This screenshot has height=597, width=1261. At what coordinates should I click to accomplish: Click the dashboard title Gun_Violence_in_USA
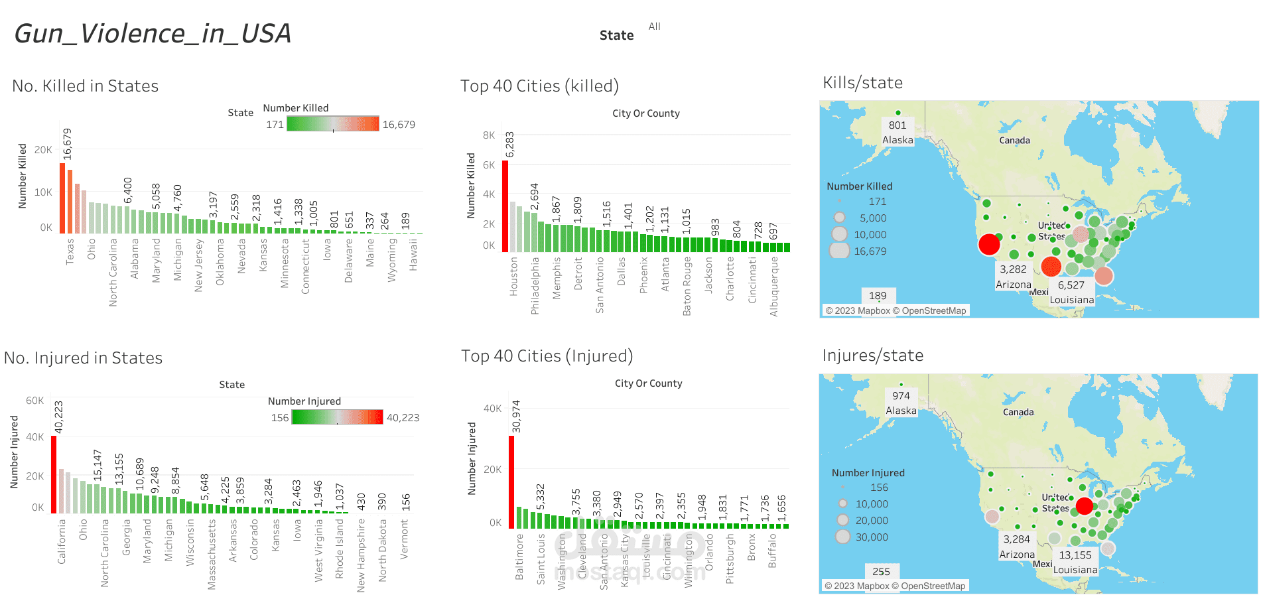tap(153, 34)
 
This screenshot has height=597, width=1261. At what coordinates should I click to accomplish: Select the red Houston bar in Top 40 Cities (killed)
tap(505, 206)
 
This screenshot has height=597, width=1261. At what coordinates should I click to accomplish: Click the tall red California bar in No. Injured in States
tap(54, 474)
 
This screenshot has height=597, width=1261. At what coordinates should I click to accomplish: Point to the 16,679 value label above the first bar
tap(67, 144)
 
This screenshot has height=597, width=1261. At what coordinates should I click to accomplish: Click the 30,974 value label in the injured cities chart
tap(517, 417)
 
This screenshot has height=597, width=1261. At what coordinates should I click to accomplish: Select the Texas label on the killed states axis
tap(70, 252)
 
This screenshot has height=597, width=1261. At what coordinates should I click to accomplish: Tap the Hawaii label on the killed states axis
tap(413, 255)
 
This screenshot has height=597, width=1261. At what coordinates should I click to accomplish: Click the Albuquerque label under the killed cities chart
tap(773, 287)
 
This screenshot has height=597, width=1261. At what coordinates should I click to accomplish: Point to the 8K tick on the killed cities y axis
tap(489, 135)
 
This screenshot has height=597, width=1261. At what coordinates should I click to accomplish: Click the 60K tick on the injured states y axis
tap(34, 401)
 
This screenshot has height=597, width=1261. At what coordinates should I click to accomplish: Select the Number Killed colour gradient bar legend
tap(333, 124)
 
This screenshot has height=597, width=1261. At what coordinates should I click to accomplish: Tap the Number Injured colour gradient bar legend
tap(337, 417)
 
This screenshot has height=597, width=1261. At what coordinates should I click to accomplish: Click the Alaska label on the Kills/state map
tap(897, 140)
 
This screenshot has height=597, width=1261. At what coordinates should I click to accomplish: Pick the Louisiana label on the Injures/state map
tap(1075, 570)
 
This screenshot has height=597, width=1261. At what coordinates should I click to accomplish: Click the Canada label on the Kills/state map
tap(1014, 141)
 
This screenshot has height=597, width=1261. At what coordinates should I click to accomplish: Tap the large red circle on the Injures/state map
tap(1084, 506)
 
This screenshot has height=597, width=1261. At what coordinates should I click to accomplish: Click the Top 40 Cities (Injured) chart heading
tap(547, 356)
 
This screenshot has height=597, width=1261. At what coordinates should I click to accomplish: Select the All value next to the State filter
tap(654, 27)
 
